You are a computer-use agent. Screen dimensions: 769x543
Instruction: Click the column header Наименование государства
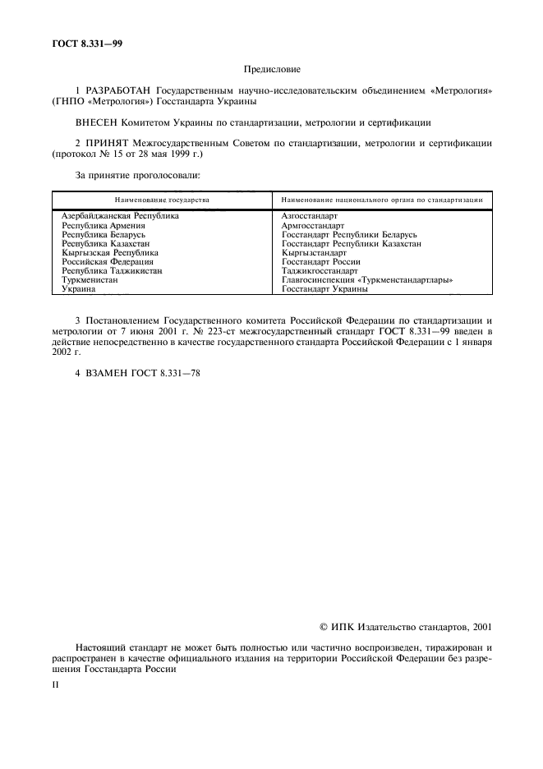click(162, 200)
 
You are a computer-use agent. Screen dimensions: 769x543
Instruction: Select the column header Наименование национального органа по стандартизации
click(381, 200)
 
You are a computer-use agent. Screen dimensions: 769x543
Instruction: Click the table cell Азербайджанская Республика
click(120, 215)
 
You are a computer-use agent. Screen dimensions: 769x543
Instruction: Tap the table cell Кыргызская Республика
click(110, 252)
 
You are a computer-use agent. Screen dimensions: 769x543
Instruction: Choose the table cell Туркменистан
click(90, 279)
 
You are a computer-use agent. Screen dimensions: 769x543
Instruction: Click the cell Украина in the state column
click(79, 288)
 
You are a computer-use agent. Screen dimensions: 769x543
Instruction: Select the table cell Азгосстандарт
click(309, 215)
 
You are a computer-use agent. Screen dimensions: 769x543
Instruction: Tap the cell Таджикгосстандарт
click(319, 270)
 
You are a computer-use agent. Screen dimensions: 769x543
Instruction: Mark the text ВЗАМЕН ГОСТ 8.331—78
click(137, 372)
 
